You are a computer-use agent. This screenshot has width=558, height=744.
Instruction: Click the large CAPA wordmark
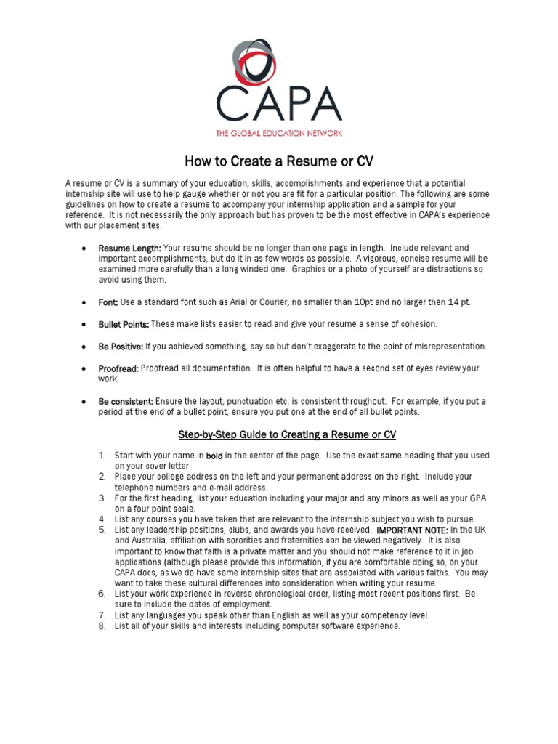tap(279, 105)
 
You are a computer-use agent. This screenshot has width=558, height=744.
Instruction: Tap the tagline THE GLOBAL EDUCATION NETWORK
tap(279, 133)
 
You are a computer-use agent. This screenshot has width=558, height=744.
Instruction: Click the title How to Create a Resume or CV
tap(279, 161)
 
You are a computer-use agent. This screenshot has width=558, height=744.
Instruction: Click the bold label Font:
tap(108, 302)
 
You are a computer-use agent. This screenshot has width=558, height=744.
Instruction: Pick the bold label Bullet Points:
tap(124, 324)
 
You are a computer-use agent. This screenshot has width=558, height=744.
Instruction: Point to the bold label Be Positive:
tap(121, 347)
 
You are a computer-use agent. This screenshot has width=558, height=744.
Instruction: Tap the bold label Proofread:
tap(118, 369)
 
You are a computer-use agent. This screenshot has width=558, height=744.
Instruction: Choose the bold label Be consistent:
tap(126, 402)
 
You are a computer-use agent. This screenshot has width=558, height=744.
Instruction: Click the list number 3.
tap(102, 498)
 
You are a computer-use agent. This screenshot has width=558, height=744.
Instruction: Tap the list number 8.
tap(102, 626)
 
